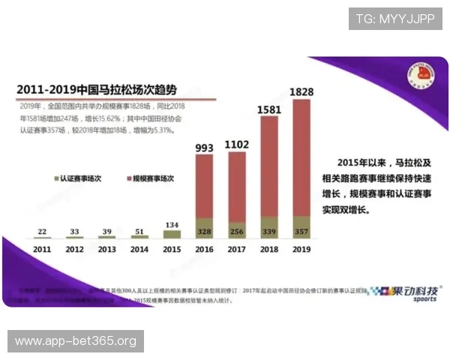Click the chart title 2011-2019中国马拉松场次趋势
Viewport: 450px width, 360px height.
(102, 88)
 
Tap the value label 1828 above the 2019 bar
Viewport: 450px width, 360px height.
(301, 91)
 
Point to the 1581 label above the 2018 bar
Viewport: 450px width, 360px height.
(268, 109)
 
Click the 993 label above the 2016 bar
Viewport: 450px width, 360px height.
(204, 148)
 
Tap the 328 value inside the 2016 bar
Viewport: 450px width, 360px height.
(204, 230)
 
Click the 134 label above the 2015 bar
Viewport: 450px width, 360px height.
(172, 223)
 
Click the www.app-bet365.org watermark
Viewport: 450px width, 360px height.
(75, 342)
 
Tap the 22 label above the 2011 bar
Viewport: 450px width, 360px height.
(42, 232)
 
